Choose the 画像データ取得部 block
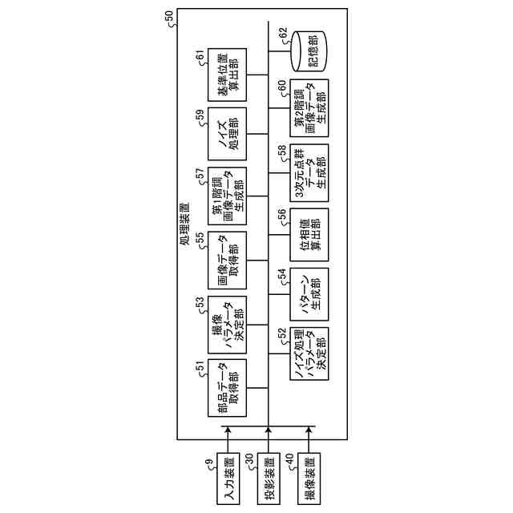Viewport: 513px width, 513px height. pos(227,259)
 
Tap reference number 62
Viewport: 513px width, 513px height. pos(281,33)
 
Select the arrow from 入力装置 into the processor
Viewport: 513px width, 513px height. pos(227,441)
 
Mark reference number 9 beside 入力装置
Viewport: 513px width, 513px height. pos(208,462)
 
